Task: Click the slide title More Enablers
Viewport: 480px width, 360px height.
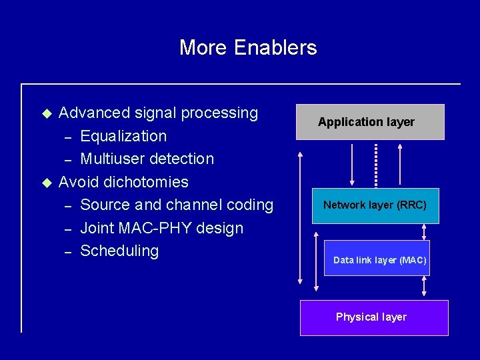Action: (248, 47)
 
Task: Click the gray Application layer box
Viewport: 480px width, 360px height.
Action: (370, 122)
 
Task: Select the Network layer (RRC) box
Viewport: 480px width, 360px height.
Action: (375, 205)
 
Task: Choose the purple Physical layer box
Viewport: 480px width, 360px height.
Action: (373, 317)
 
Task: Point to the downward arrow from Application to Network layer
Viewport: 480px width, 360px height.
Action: (351, 164)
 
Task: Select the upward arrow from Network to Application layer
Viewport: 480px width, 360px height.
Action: (399, 164)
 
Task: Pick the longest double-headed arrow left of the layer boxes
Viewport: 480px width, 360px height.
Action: (301, 220)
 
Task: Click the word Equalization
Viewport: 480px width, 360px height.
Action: (123, 136)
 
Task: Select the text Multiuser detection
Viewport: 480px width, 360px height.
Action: (147, 159)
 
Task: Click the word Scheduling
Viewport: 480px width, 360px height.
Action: (119, 251)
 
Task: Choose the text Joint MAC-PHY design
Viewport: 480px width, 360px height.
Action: (161, 228)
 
